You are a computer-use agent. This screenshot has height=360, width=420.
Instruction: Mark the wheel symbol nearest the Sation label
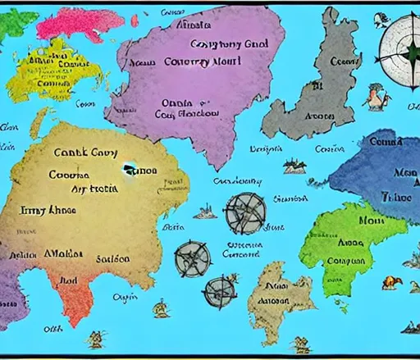coord(193,259)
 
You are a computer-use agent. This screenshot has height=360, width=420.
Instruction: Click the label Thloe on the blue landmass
coord(402,197)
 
